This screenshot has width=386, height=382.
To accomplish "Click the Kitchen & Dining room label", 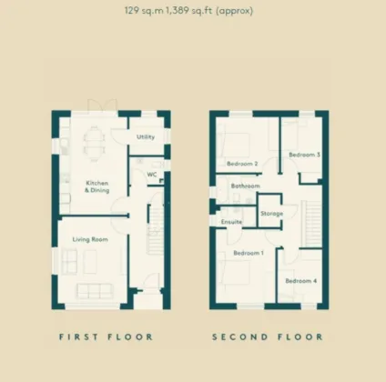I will pos(98,185).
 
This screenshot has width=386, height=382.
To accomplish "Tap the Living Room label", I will pos(91,239).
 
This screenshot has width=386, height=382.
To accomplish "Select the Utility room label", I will pos(145,137).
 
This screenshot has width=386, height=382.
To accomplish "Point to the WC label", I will pos(139,174).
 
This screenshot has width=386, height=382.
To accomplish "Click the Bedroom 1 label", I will pos(247,253).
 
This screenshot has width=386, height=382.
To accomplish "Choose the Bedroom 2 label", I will pos(243,164).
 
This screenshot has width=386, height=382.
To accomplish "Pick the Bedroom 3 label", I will pos(304,156).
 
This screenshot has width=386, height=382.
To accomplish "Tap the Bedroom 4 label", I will pos(300,281).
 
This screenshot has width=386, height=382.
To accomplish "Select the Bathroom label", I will pos(245,186).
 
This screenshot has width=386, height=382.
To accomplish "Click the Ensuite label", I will pos(231,222).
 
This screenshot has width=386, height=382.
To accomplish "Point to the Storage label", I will pos(271,214).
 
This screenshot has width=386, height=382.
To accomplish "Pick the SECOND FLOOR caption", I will pos(268,337).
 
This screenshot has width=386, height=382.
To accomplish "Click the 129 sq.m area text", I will pos(147,12).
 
